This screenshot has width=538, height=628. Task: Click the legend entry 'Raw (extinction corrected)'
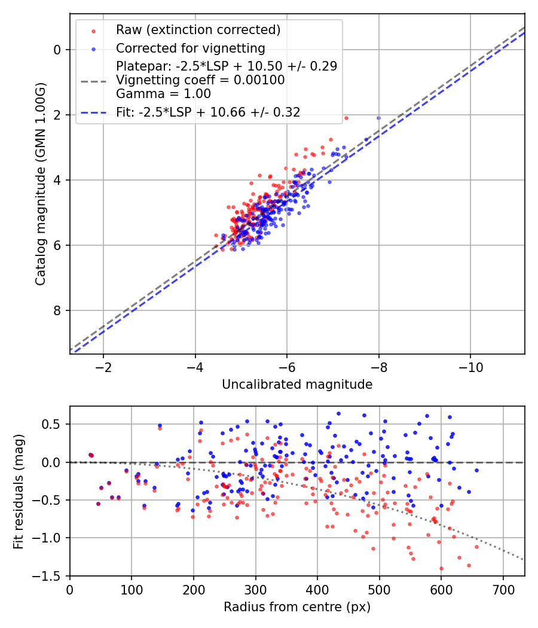[x=198, y=30]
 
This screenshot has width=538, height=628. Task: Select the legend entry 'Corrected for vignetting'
[x=190, y=48]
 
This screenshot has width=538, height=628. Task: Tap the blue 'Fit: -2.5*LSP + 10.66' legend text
[x=208, y=112]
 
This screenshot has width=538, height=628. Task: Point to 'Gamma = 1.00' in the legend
[x=163, y=93]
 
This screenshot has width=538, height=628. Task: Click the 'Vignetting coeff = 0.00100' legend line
[x=200, y=80]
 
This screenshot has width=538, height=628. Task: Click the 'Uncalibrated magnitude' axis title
[x=297, y=385]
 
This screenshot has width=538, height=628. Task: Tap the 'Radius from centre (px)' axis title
[x=297, y=607]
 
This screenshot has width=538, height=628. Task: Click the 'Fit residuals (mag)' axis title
[x=18, y=491]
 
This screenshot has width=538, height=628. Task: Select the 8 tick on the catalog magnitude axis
[x=57, y=310]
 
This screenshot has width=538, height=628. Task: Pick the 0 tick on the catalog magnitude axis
[x=57, y=50]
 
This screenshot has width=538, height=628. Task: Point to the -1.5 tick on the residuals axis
[x=50, y=575]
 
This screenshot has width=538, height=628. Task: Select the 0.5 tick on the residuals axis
[x=53, y=424]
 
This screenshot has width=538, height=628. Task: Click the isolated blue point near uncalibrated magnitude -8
[x=378, y=118]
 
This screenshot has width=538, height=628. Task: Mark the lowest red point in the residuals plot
[x=441, y=568]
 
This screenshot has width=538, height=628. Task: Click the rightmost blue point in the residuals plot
[x=476, y=470]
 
